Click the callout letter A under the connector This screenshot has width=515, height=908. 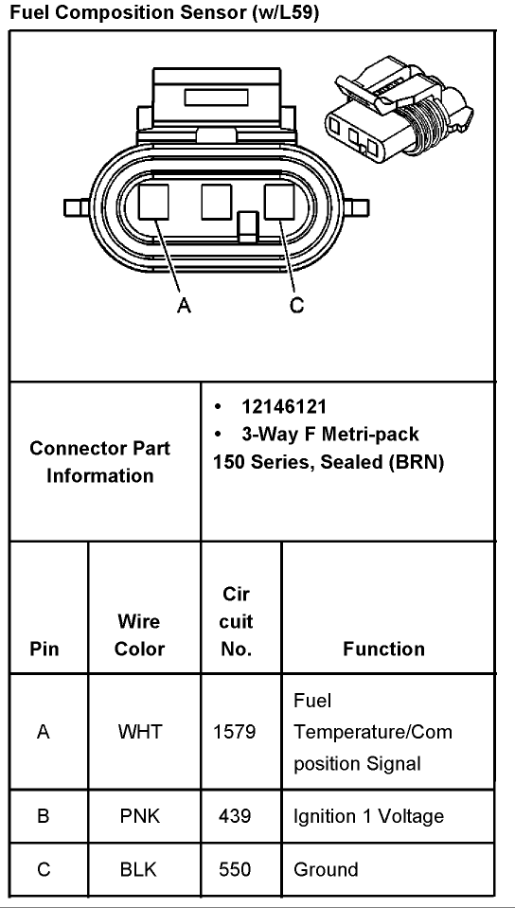coord(184,305)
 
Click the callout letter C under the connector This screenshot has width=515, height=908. coord(296,305)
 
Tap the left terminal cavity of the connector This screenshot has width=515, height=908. coord(153,202)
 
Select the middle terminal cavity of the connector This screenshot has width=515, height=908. coord(217,202)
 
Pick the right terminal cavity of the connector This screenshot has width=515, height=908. coord(279,202)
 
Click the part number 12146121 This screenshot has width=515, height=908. coord(284,406)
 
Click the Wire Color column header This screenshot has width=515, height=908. coord(139,634)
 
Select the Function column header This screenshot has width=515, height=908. coord(383,649)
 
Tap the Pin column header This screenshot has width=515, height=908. coord(44,649)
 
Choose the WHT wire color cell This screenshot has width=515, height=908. coord(139,732)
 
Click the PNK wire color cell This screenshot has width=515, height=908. coord(139,816)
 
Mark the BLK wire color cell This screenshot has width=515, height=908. coord(139,869)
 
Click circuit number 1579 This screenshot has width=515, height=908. coord(235,732)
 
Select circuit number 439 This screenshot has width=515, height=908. coord(235,816)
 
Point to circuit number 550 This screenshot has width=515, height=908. coord(235,869)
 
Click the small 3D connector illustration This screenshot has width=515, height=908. coord(400,107)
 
